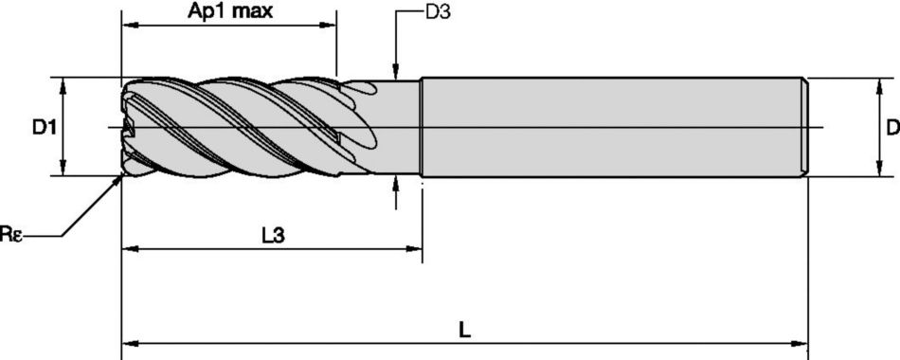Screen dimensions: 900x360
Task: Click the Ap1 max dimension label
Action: tap(229, 11)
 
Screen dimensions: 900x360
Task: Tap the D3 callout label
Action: tap(438, 12)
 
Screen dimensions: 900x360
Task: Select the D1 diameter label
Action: tap(44, 128)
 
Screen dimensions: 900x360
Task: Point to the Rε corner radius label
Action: tap(10, 235)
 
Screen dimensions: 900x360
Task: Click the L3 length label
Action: tap(273, 235)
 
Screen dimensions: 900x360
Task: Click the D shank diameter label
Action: tap(892, 128)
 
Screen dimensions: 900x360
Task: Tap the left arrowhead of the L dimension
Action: tap(131, 344)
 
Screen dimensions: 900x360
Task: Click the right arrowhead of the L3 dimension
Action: tap(414, 248)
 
